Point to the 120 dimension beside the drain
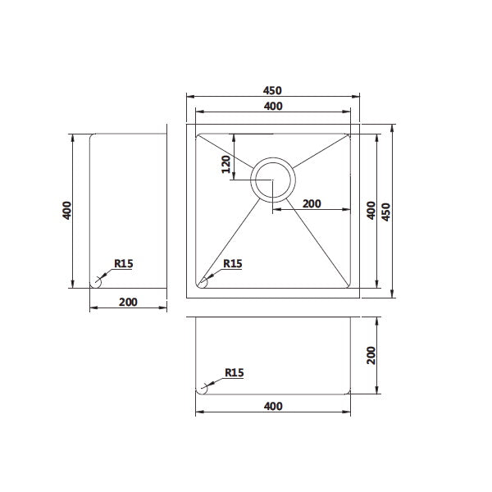point(225,166)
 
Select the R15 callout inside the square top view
point(232,263)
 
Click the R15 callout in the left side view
point(124,263)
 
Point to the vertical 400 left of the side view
point(67,210)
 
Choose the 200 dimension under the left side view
point(127,301)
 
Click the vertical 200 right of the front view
point(370,354)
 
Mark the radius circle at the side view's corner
point(96,281)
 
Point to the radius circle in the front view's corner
point(202,389)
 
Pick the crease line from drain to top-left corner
point(225,151)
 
